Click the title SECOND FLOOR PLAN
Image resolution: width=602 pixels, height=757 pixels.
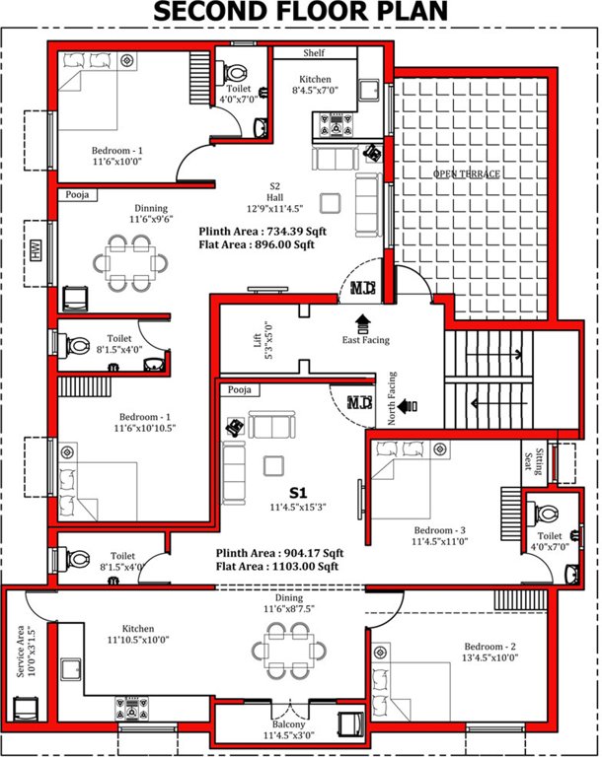300,12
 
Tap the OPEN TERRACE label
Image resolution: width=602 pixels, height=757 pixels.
467,173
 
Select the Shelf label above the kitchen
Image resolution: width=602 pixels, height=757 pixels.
315,52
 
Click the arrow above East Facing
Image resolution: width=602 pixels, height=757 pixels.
361,321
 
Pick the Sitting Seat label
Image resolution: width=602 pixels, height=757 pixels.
530,459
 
